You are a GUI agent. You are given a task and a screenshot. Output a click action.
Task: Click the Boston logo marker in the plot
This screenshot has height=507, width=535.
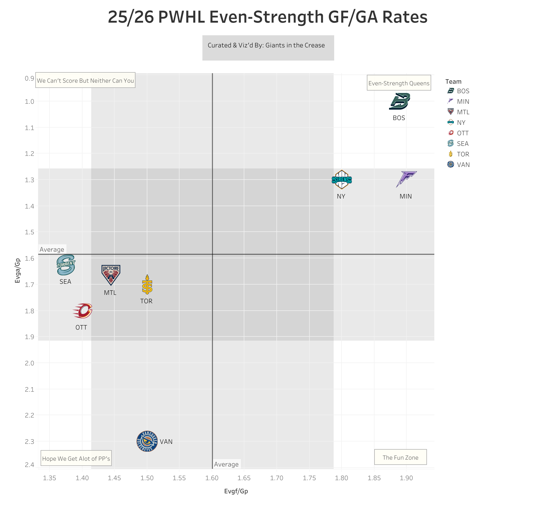click(x=400, y=101)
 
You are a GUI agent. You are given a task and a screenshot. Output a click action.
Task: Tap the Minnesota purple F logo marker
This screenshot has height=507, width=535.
click(x=406, y=179)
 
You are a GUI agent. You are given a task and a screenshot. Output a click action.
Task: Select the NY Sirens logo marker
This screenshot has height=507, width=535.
click(x=342, y=180)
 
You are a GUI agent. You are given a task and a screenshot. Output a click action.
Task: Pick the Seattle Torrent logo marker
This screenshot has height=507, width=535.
click(x=66, y=265)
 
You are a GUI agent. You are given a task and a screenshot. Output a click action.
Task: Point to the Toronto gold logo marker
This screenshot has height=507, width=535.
click(x=147, y=285)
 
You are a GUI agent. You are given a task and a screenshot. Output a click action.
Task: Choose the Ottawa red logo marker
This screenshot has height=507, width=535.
click(x=82, y=311)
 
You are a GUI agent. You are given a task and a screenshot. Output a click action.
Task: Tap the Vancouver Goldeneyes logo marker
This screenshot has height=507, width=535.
click(x=147, y=441)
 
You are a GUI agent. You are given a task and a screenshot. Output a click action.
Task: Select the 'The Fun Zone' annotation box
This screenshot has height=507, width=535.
click(x=400, y=458)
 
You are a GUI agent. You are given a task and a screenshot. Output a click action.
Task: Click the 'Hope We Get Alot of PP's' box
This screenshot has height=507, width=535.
click(x=76, y=459)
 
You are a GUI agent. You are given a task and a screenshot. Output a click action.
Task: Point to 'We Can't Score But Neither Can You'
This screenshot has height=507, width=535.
click(x=85, y=81)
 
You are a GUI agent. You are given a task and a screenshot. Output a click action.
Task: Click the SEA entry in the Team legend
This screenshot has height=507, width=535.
click(x=463, y=144)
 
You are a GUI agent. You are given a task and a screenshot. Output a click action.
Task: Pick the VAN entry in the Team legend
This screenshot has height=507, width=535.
click(x=463, y=165)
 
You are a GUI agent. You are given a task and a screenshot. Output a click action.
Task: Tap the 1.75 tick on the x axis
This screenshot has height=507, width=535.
click(x=309, y=478)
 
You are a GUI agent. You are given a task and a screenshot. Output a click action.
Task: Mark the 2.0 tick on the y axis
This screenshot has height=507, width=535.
click(x=29, y=363)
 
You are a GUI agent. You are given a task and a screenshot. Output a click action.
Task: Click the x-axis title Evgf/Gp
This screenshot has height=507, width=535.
click(x=236, y=491)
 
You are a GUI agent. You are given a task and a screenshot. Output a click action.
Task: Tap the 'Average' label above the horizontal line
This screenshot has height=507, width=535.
click(x=52, y=250)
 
